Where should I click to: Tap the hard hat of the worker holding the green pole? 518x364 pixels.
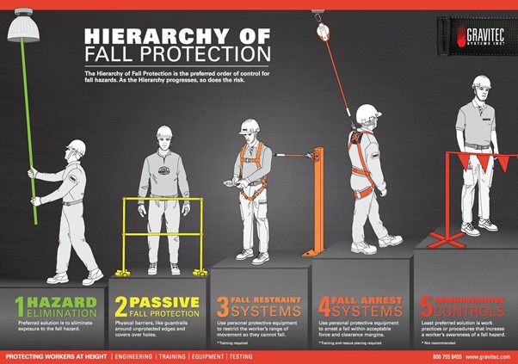pyautogui.click(x=76, y=146)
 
